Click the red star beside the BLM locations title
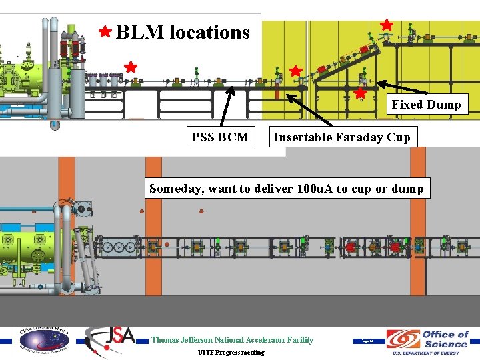[x=105, y=31]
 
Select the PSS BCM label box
[x=220, y=137]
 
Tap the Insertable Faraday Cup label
[x=342, y=137]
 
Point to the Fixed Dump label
[x=426, y=104]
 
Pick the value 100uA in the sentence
[x=312, y=188]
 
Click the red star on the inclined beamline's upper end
[x=386, y=24]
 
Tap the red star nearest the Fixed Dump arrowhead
[x=360, y=93]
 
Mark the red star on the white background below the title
[x=131, y=67]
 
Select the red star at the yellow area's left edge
[x=295, y=71]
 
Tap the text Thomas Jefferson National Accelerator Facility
[x=232, y=340]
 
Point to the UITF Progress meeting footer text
[x=231, y=352]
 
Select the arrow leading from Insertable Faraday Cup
[x=309, y=109]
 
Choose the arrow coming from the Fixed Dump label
[x=399, y=89]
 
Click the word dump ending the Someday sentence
[x=407, y=188]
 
